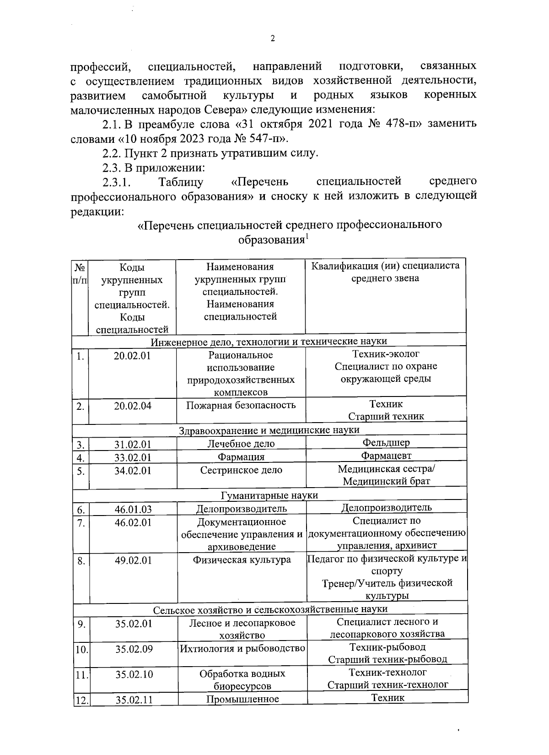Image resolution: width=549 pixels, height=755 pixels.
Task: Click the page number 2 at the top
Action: pos(273,39)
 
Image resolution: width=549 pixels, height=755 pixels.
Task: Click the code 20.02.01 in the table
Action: pos(133,356)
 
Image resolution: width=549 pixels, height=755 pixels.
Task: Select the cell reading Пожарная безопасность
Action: pos(241,405)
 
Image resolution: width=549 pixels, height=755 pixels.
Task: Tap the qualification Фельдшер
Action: pos(386,442)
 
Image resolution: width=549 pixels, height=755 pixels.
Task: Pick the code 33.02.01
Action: pos(133,457)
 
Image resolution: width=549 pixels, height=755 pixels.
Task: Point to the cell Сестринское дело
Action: pos(241,470)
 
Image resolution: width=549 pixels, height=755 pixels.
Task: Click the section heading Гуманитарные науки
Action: pos(269,495)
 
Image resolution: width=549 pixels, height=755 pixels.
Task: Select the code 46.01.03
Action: pos(133,509)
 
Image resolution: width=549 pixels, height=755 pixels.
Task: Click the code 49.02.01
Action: pos(133,560)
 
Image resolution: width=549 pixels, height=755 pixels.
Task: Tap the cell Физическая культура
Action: pos(242,560)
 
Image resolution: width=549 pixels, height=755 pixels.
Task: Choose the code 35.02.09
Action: pos(134,649)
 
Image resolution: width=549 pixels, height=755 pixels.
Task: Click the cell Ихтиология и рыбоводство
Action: pos(242,648)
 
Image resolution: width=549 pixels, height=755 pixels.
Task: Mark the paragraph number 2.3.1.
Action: pos(117,182)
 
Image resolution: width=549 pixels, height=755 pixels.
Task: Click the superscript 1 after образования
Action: pos(307,237)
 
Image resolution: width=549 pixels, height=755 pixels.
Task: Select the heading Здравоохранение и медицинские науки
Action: pos(269,430)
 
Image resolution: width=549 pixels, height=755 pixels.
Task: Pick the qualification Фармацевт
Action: pos(386,456)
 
